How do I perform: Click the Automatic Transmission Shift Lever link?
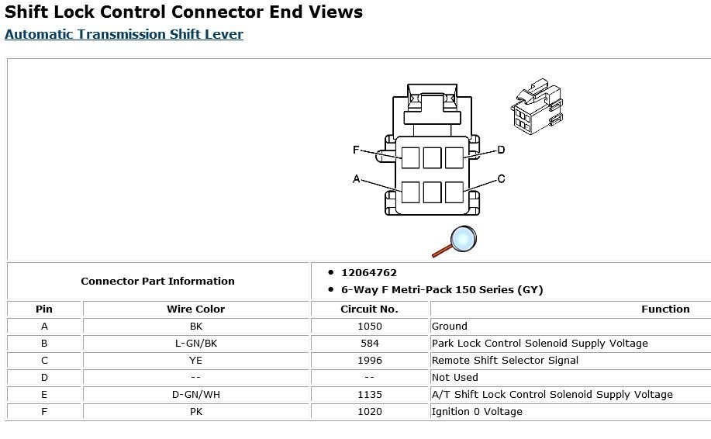(x=124, y=35)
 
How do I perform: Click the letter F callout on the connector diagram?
(x=356, y=150)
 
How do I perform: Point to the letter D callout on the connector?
(x=501, y=150)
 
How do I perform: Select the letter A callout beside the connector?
(x=356, y=179)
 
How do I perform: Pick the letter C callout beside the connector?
(x=501, y=179)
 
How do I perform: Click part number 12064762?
(x=368, y=273)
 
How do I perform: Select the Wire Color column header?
(x=195, y=309)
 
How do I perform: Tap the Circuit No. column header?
(x=370, y=309)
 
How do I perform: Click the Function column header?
(x=664, y=309)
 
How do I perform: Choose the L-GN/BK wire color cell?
(x=195, y=343)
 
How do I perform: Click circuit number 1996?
(x=370, y=360)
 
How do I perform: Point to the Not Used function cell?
(x=454, y=377)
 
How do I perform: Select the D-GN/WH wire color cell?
(x=195, y=394)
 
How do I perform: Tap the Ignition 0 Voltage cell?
(x=476, y=411)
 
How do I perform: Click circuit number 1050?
(x=370, y=326)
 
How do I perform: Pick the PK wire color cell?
(x=195, y=411)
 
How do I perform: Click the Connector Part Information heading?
(x=157, y=281)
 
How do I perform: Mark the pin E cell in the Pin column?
(x=44, y=394)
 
